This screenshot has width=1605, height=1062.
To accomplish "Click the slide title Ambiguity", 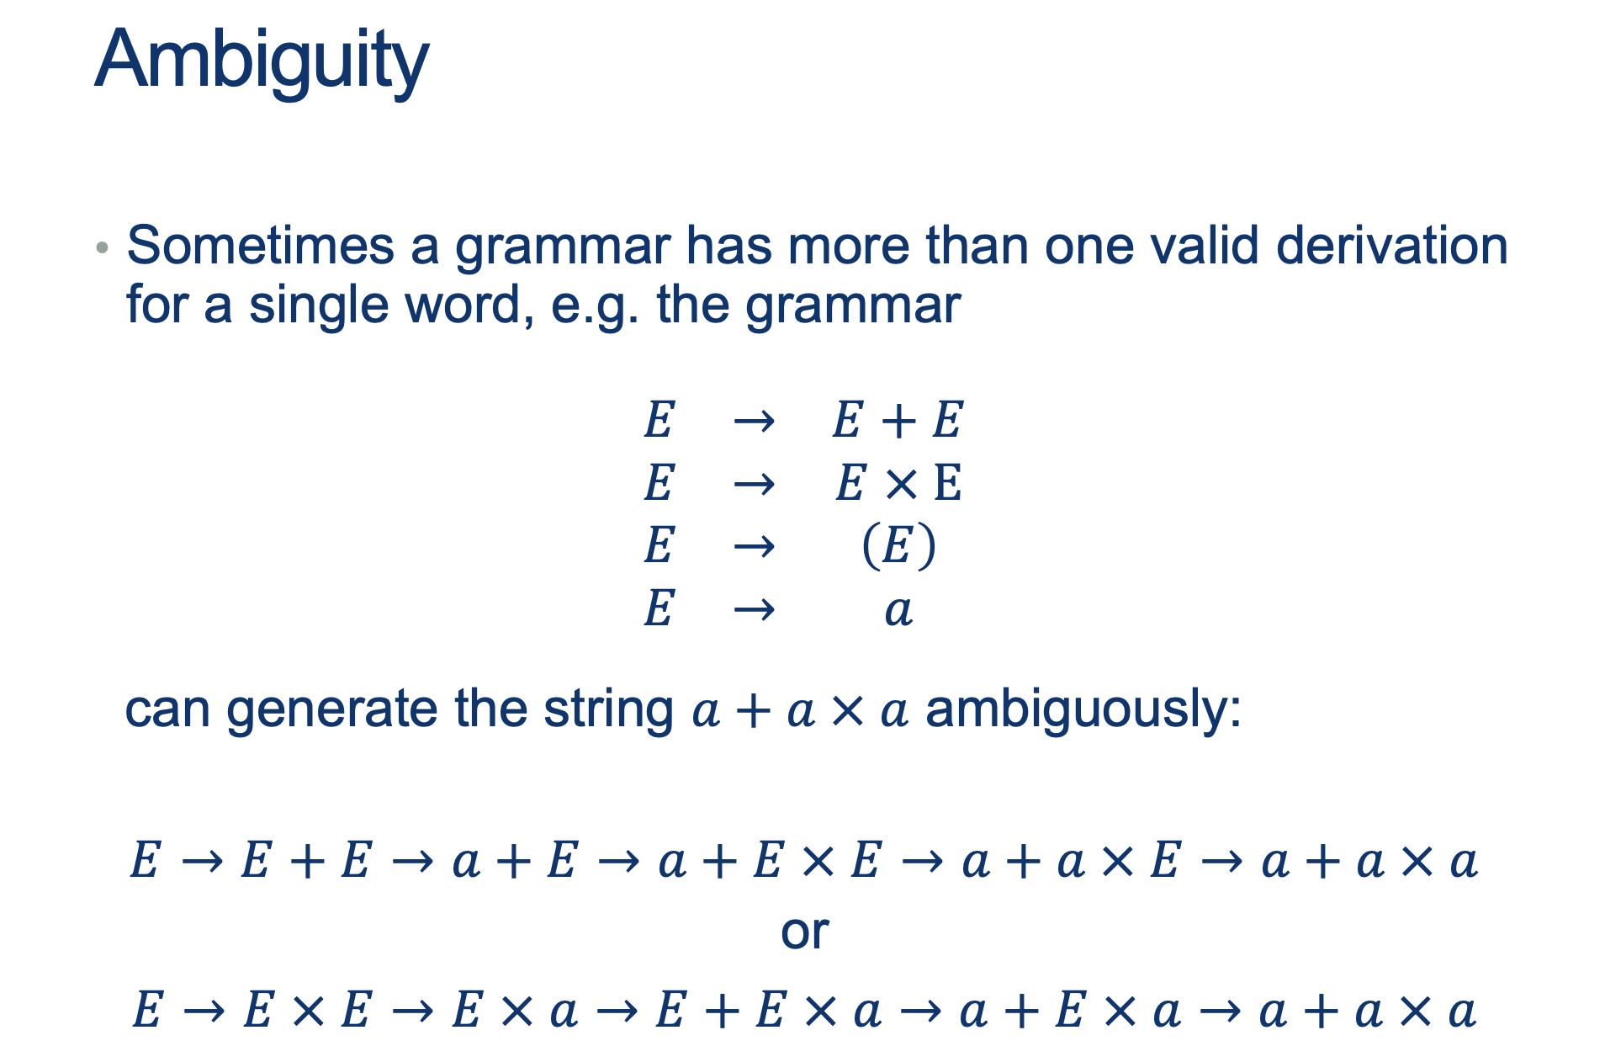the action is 262,61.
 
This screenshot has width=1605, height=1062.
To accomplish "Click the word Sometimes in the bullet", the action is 260,246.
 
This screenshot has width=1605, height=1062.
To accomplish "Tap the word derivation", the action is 1391,246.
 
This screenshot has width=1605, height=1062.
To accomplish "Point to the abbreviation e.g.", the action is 595,305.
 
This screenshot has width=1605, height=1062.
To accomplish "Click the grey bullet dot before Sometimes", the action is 102,247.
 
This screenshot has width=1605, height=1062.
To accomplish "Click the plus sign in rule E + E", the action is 898,420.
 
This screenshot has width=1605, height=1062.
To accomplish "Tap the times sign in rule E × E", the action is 900,484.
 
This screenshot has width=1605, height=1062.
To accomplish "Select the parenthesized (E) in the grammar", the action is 898,545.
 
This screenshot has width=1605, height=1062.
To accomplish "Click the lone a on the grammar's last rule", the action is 898,610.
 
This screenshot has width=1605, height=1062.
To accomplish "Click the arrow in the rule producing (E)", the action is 754,547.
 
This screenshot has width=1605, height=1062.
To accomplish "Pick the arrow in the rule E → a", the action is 754,609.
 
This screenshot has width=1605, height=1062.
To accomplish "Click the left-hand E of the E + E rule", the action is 659,420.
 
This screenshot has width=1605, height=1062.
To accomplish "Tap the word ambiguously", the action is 1083,709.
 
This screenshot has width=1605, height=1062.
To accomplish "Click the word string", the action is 608,709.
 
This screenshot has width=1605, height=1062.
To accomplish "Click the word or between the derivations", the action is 805,932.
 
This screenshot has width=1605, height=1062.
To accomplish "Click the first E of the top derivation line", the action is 145,861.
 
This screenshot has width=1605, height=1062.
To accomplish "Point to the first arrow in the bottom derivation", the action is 204,1010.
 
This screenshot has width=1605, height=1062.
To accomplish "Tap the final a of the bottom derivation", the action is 1463,1011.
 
